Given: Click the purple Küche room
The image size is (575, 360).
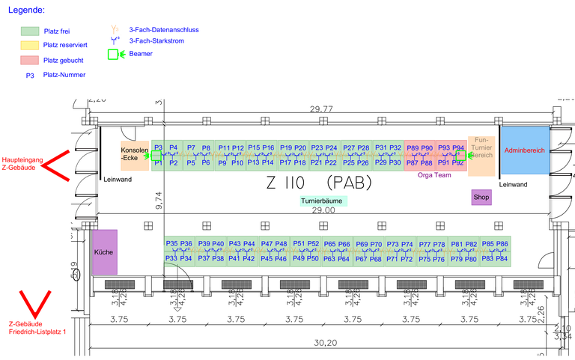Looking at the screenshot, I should point(105,251).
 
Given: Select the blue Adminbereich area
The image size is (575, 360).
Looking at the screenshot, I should point(524,150).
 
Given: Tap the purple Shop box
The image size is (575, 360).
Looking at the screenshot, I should point(481,198).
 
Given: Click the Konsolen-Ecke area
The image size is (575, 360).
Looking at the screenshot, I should point(135,154).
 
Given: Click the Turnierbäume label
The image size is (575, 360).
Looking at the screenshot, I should point(324,201).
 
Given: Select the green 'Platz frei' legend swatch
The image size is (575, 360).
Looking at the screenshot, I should point(30,31).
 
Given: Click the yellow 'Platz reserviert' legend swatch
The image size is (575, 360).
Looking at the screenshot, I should point(30,46).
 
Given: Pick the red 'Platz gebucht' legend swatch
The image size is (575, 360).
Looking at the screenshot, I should point(30,60).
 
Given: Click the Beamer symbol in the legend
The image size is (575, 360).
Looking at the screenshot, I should point(114,54).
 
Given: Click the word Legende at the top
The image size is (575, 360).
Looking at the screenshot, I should point(25,10).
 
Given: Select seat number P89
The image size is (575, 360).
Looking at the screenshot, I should point(413,148).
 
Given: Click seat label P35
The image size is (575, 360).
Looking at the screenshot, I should point(171,244).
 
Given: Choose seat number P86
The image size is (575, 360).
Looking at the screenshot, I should point(502,244).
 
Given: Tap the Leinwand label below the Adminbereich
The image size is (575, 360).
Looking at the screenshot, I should point(513,184).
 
